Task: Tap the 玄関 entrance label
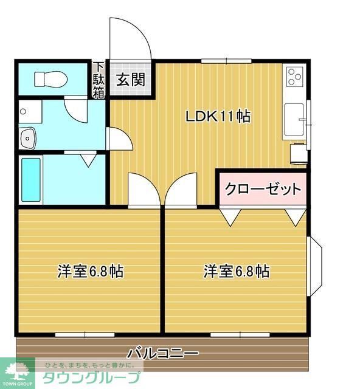[x=130, y=79]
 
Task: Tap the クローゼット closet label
[x=263, y=189]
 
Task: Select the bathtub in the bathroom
[x=30, y=180]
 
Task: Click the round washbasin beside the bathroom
[x=27, y=139]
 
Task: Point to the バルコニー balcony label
[x=162, y=353]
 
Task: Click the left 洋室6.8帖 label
[x=91, y=271]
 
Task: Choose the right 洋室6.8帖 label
[x=237, y=271]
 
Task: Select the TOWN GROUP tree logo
[x=19, y=370]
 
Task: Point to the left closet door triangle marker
[x=230, y=216]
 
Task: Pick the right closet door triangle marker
[x=296, y=216]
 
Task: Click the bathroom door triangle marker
[x=89, y=160]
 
